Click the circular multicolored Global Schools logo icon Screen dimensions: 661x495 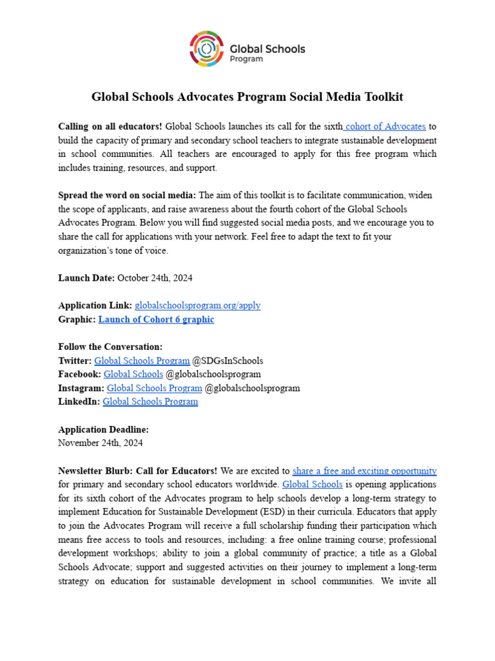click(x=206, y=49)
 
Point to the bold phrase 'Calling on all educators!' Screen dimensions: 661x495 click(x=110, y=127)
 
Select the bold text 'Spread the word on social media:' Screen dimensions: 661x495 click(x=127, y=195)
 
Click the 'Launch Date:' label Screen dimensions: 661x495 click(x=86, y=278)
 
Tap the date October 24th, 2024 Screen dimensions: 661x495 click(x=155, y=278)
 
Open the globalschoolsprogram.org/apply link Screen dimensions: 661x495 click(x=197, y=305)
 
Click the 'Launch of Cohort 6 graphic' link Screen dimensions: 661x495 click(x=156, y=319)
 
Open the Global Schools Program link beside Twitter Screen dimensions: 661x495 click(x=142, y=360)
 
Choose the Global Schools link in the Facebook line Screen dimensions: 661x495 click(x=133, y=374)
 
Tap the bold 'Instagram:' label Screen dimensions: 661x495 click(x=81, y=388)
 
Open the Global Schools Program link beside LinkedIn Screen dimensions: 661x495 click(x=150, y=402)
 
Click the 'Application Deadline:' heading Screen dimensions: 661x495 click(x=103, y=429)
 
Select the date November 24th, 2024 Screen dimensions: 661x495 click(x=101, y=443)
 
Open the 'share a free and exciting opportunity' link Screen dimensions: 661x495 click(x=364, y=471)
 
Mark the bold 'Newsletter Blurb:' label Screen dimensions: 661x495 click(x=95, y=471)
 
